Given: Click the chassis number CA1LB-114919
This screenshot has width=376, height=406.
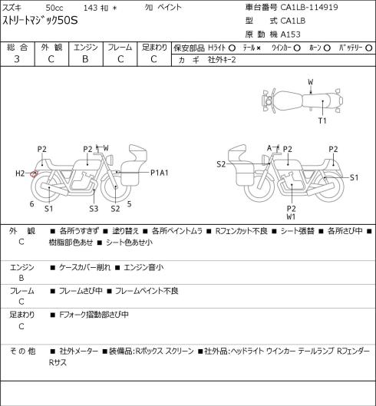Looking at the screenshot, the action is tap(309, 7).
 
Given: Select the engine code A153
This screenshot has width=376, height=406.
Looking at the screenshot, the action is tap(291, 35).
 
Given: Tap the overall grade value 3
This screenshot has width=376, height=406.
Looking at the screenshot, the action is tap(17, 59).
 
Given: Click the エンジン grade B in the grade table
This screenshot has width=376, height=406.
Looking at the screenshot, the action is tap(85, 59).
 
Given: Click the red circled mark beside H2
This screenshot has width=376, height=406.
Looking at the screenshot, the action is tap(34, 173).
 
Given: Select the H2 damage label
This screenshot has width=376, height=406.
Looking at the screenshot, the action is tap(20, 173).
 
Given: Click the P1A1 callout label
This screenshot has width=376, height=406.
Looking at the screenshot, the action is tap(160, 173).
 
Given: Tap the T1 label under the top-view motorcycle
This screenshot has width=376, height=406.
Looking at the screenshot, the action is tap(322, 120).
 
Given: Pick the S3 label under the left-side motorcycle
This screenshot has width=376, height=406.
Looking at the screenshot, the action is tap(94, 209).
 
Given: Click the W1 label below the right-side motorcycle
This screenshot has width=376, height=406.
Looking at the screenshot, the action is tap(291, 216).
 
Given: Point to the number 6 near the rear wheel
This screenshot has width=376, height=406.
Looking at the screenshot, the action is tap(31, 204).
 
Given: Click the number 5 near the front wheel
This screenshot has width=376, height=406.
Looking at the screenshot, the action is tap(129, 204).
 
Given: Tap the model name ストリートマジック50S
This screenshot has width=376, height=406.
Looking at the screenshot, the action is tap(40, 21).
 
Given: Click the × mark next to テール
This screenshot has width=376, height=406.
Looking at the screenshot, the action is tap(259, 48).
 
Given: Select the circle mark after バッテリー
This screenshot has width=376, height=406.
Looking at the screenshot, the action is tap(369, 48).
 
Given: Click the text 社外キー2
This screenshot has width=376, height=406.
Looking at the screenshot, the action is tap(222, 60).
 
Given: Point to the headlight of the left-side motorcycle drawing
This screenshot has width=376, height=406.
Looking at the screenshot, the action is tap(110, 159).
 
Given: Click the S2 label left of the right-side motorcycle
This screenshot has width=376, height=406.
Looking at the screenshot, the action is tap(221, 164).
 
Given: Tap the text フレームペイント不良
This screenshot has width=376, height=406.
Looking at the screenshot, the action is tap(147, 291).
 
